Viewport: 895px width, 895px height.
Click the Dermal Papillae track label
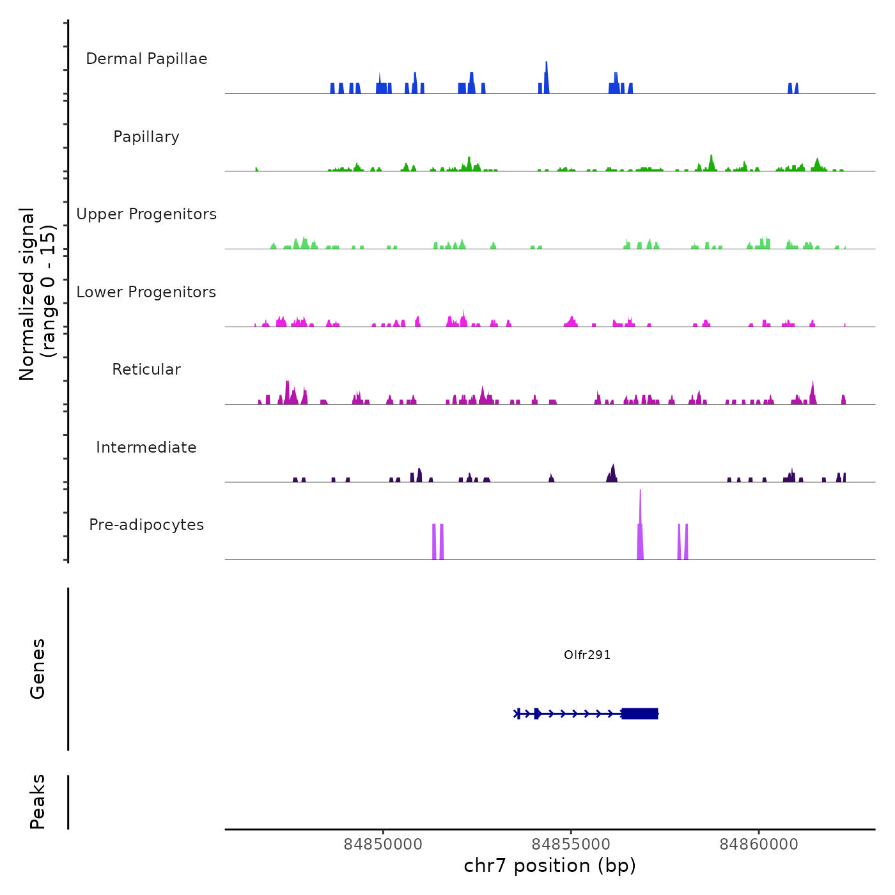pyautogui.click(x=146, y=59)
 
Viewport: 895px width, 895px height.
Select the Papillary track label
pyautogui.click(x=146, y=137)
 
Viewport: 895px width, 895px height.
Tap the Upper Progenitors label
pyautogui.click(x=146, y=214)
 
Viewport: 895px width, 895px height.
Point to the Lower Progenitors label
pyautogui.click(x=146, y=292)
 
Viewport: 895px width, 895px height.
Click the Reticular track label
pyautogui.click(x=146, y=370)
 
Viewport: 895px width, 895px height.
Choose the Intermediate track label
pyautogui.click(x=146, y=447)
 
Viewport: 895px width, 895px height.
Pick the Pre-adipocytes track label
pyautogui.click(x=146, y=525)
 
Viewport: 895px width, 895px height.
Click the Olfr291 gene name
pyautogui.click(x=587, y=655)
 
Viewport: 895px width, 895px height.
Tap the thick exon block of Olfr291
pyautogui.click(x=639, y=713)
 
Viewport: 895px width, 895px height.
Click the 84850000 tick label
pyautogui.click(x=383, y=844)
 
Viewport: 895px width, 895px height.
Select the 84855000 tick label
pyautogui.click(x=571, y=844)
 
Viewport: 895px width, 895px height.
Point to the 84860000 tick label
pyautogui.click(x=759, y=844)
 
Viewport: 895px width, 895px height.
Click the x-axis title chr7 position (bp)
pyautogui.click(x=550, y=866)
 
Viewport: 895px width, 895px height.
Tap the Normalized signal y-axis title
pyautogui.click(x=37, y=293)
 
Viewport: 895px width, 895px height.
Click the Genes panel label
pyautogui.click(x=38, y=668)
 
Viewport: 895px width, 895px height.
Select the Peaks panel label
pyautogui.click(x=38, y=802)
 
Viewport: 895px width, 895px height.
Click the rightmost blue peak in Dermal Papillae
pyautogui.click(x=797, y=88)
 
